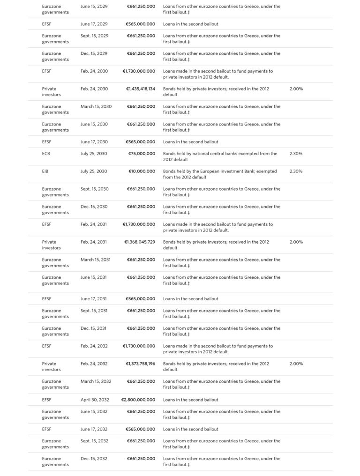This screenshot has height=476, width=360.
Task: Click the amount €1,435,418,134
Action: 140,89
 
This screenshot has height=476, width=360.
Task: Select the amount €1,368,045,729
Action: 140,242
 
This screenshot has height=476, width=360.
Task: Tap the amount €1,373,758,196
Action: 140,364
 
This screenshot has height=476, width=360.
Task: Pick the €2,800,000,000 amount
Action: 138,400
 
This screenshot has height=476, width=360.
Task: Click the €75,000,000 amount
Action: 142,154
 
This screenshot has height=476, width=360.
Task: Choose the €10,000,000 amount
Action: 142,171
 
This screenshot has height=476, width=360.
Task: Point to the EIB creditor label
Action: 45,171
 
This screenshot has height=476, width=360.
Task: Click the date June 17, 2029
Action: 94,24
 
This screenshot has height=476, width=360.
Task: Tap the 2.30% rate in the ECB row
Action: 296,154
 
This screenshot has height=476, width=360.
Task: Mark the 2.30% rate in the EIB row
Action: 296,171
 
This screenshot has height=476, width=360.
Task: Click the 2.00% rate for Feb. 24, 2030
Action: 296,89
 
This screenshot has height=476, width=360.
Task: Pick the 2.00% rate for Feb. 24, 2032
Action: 296,364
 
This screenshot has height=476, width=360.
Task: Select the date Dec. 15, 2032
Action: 94,459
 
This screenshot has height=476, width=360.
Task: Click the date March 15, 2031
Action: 96,260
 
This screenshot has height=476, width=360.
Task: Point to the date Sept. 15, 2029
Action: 94,36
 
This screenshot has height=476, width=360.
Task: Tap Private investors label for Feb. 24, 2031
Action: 51,245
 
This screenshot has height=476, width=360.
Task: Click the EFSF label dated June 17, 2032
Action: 47,429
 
